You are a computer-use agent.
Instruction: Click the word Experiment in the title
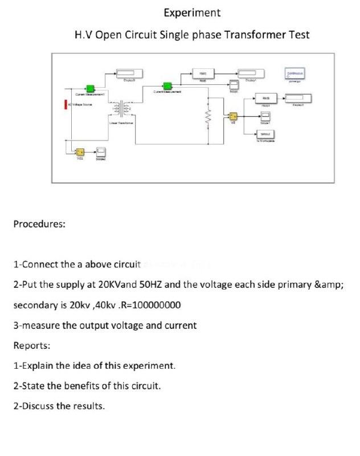pos(192,13)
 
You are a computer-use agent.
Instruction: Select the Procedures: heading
pos(39,223)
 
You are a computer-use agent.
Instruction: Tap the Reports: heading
pos(31,345)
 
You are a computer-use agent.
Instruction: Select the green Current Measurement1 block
pos(90,88)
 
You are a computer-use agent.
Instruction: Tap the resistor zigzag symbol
pos(208,118)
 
